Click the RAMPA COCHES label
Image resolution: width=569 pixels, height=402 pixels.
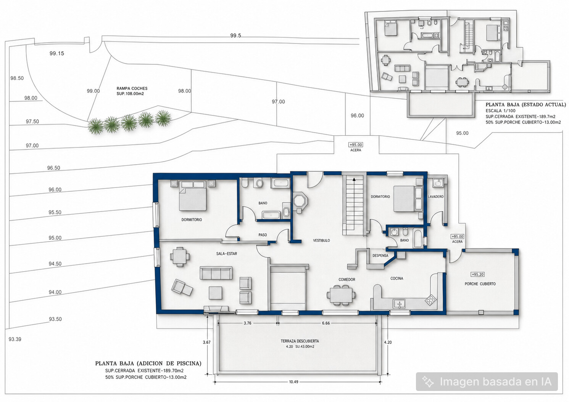pyautogui.click(x=132, y=88)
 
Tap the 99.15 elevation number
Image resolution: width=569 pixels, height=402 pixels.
pyautogui.click(x=56, y=53)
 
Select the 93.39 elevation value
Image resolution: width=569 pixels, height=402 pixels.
pyautogui.click(x=15, y=340)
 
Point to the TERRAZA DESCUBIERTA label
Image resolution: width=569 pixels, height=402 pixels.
pyautogui.click(x=300, y=341)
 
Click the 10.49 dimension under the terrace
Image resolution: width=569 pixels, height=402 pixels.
pyautogui.click(x=293, y=382)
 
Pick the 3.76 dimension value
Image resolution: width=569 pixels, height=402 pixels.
pyautogui.click(x=247, y=323)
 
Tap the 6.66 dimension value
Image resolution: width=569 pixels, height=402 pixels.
pyautogui.click(x=326, y=323)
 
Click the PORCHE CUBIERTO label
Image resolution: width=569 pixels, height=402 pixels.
pyautogui.click(x=480, y=284)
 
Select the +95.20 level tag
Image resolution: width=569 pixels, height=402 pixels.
pyautogui.click(x=477, y=274)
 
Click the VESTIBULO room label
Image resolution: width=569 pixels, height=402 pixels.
pyautogui.click(x=321, y=240)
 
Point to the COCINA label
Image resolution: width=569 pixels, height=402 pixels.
pyautogui.click(x=397, y=279)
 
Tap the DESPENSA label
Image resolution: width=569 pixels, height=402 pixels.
pyautogui.click(x=380, y=256)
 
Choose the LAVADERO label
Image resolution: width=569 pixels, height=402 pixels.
pyautogui.click(x=436, y=197)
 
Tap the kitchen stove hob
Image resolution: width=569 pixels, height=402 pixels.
pyautogui.click(x=431, y=300)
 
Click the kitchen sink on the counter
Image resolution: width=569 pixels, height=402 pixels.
pyautogui.click(x=399, y=304)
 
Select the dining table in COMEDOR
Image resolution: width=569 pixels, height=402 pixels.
pyautogui.click(x=341, y=295)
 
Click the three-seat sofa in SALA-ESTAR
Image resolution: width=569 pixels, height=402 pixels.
pyautogui.click(x=216, y=273)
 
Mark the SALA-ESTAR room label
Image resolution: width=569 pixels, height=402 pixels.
pyautogui.click(x=227, y=254)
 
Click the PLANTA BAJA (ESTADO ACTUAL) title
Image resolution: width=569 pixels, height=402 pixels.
pyautogui.click(x=525, y=104)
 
